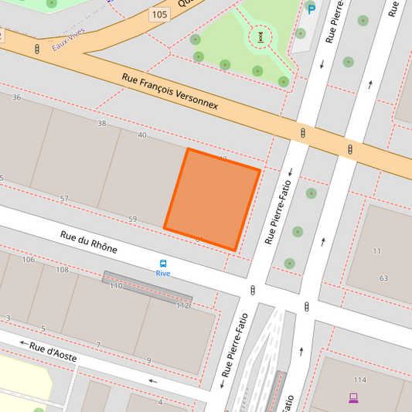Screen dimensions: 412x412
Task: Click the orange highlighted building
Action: [x=212, y=199]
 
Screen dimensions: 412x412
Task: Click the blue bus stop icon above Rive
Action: [x=163, y=263]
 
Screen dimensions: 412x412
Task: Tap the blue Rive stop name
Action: [x=163, y=273]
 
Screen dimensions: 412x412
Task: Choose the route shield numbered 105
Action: [x=158, y=15]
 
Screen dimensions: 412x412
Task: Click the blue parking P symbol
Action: [x=312, y=9]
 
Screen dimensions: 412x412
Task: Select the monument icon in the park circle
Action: [x=261, y=36]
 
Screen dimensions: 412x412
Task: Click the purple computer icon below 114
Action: [x=353, y=398]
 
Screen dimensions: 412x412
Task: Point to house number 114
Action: [x=359, y=380]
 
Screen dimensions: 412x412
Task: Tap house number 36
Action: [x=16, y=97]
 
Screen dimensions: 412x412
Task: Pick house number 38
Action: [x=101, y=124]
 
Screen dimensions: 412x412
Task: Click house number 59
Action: [x=132, y=220]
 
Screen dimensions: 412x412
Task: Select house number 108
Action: [x=62, y=270]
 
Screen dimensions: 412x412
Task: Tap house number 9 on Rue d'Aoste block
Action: [x=149, y=360]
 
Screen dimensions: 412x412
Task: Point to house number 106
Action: [x=29, y=259]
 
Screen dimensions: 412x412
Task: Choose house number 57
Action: [x=64, y=199]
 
